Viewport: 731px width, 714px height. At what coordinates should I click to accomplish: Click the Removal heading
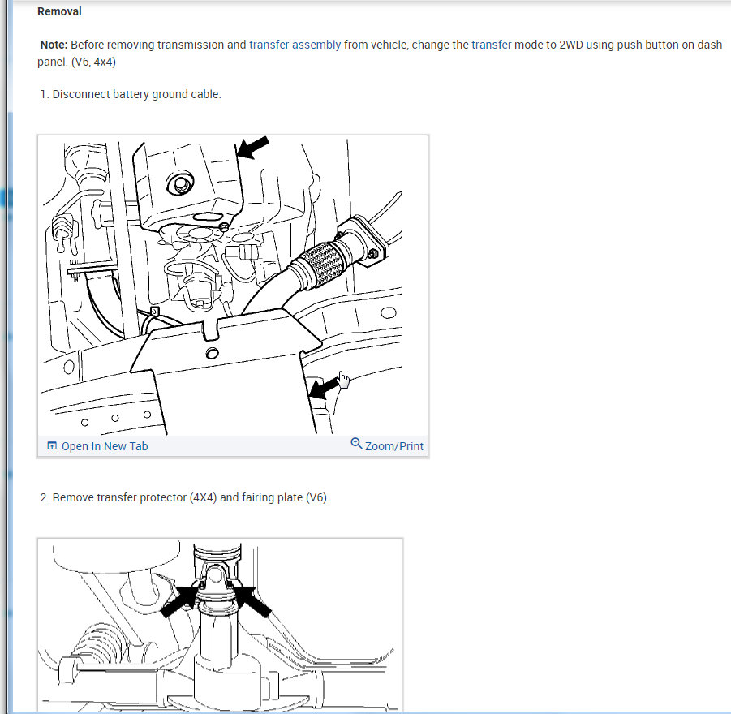click(x=59, y=11)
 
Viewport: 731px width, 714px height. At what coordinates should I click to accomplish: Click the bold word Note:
click(x=54, y=45)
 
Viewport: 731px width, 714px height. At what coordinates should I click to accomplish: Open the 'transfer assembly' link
click(x=295, y=45)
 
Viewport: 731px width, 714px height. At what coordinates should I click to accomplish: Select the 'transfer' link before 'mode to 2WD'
click(x=492, y=45)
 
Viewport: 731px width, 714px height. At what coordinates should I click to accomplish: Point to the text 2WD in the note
click(x=571, y=45)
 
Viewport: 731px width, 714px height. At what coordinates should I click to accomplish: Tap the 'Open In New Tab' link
click(x=105, y=446)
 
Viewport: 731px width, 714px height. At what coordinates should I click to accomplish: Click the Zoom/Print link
click(x=394, y=446)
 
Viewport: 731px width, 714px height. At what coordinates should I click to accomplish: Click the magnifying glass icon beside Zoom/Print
click(x=356, y=443)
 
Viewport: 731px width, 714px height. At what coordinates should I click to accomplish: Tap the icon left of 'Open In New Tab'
click(x=52, y=446)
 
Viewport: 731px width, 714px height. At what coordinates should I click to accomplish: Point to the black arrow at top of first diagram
click(x=252, y=148)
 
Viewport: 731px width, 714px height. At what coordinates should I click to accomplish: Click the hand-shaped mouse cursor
click(x=343, y=380)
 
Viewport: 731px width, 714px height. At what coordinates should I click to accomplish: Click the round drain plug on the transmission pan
click(x=180, y=183)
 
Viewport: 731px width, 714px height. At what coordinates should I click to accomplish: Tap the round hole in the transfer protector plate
click(x=212, y=353)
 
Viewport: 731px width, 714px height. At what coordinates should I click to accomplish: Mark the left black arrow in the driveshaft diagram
click(x=179, y=601)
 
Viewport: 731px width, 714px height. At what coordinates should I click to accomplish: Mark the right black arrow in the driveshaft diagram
click(x=252, y=602)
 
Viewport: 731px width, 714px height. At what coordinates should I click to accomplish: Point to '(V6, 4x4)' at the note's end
click(x=93, y=62)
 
